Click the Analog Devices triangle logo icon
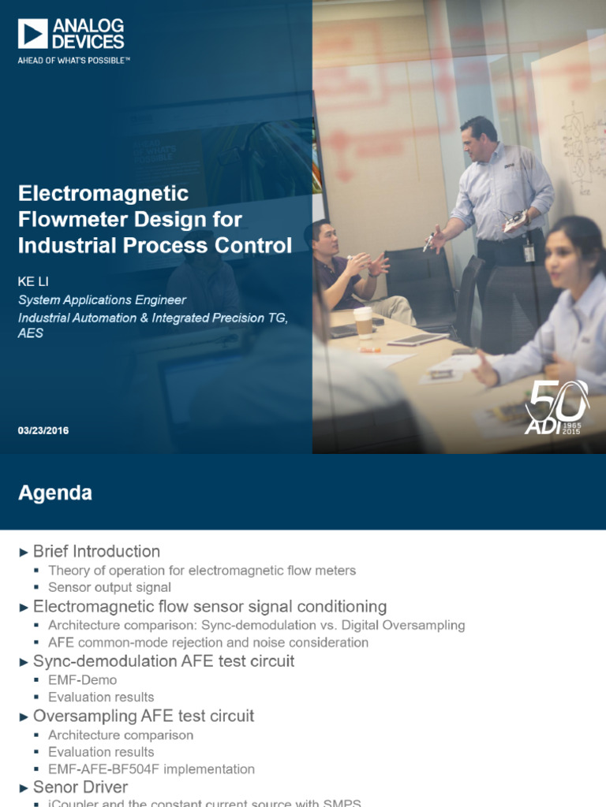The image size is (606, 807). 33,35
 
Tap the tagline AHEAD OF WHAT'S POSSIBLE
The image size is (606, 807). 74,60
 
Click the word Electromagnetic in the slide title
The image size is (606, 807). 103,193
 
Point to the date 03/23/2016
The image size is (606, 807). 43,431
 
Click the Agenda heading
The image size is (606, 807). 55,493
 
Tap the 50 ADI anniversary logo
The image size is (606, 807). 557,407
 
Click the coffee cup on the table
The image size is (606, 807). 363,322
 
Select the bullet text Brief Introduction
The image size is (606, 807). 96,552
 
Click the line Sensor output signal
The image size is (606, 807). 110,587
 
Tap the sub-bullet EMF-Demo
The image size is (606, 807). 82,680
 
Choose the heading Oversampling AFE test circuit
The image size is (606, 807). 144,716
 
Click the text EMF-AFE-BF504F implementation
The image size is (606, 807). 151,769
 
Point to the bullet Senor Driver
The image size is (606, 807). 80,787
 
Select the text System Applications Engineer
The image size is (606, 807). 103,299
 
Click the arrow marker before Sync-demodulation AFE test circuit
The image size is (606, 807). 24,662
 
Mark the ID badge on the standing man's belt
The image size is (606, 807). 529,252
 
